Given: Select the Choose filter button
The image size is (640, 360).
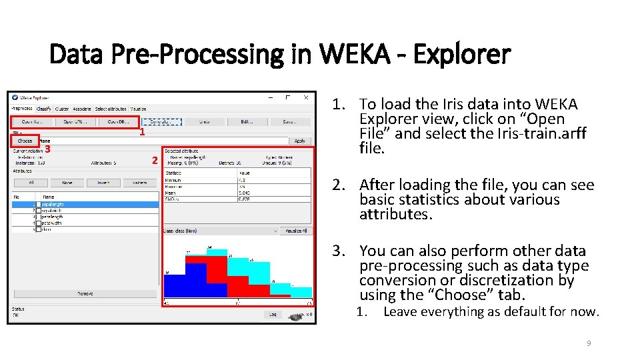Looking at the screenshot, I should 25,141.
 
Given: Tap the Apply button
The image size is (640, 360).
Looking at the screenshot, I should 300,141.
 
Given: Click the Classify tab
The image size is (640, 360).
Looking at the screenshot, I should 44,109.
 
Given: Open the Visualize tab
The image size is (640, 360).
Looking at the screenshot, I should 138,109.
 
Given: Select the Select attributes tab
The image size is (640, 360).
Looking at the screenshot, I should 110,109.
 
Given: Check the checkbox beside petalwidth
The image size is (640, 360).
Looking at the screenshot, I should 38,223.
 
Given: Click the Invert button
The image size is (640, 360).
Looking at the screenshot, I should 103,183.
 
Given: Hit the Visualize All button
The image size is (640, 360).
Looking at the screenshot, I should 296,231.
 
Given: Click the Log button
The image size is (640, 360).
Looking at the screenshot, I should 272,315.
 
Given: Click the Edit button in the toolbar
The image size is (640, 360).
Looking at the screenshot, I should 247,122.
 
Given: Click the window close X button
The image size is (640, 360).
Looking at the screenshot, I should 305,97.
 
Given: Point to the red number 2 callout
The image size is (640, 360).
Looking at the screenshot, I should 154,161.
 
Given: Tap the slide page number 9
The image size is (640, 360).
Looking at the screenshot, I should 589,343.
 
